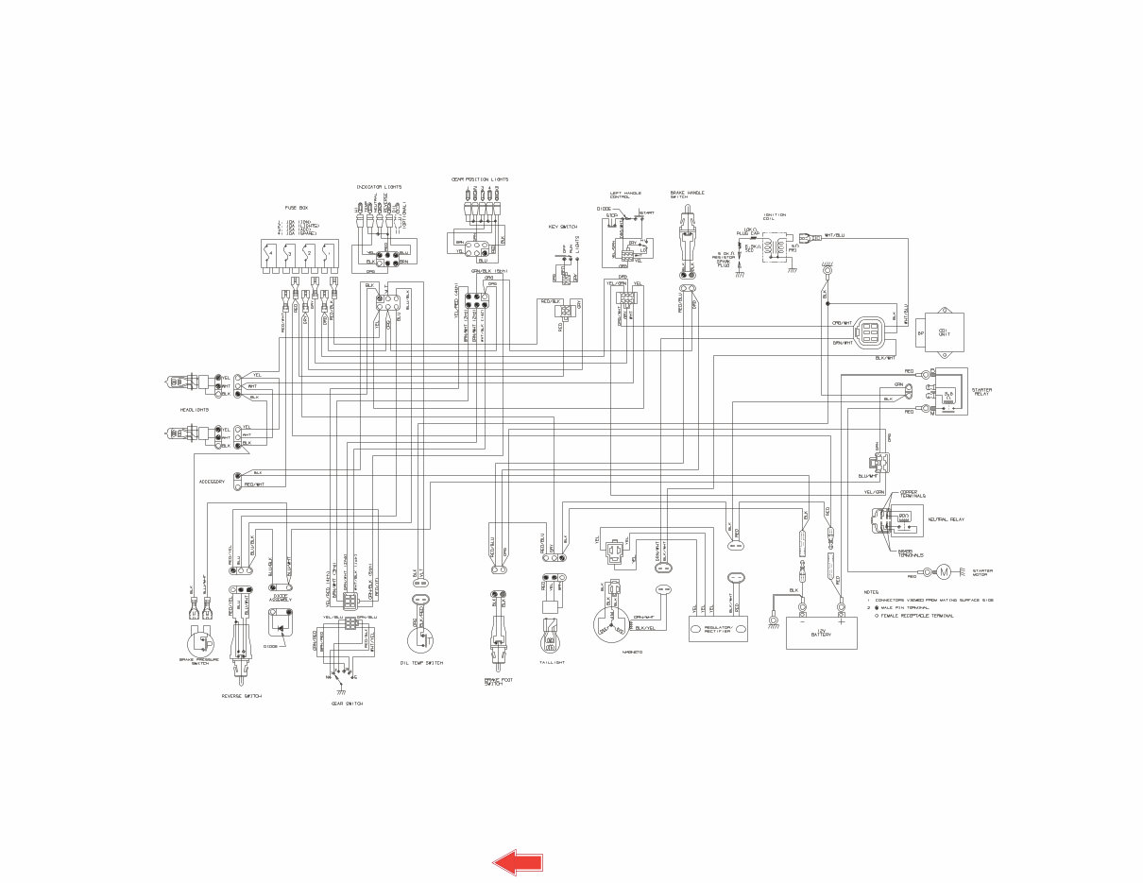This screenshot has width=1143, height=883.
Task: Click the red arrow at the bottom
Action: tap(518, 860)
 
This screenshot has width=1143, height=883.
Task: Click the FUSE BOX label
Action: tap(298, 208)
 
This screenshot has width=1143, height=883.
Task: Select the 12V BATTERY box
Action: tap(822, 633)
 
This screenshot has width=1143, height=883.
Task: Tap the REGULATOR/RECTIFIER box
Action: tap(718, 630)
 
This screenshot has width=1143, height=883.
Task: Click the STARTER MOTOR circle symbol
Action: tap(942, 572)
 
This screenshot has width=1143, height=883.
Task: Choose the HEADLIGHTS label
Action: tap(195, 410)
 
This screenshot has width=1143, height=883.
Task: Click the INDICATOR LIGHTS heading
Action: tap(379, 187)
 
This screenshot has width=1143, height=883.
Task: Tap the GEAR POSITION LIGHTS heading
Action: tap(480, 178)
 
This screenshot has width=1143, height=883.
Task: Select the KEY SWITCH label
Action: tap(563, 227)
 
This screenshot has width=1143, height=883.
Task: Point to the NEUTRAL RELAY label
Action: tap(947, 519)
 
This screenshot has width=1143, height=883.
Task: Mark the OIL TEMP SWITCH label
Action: tap(421, 663)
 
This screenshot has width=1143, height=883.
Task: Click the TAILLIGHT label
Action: tap(551, 662)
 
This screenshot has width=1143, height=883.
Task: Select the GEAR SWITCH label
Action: tap(347, 704)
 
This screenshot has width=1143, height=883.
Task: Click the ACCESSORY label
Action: tap(212, 482)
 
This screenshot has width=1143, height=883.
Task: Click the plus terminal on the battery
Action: tap(841, 621)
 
